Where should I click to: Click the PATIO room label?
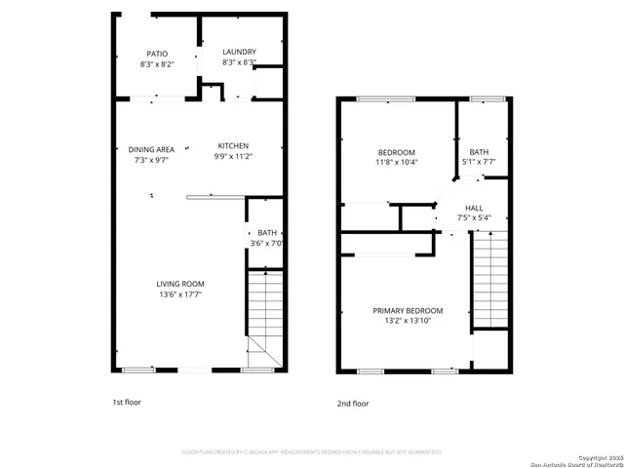pos(157,54)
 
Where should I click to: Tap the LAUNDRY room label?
pos(239,52)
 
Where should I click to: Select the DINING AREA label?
pos(152,148)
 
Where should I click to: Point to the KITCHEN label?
pos(233,146)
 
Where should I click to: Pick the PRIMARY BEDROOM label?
pos(408,310)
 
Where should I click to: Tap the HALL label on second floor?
pos(474,208)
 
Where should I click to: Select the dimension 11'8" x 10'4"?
pos(397,163)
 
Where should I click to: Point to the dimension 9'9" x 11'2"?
pos(233,157)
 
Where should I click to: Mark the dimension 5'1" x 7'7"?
pos(479,163)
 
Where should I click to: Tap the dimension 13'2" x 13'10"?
pos(408,321)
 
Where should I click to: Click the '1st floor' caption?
pos(127,401)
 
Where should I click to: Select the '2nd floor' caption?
pos(353,402)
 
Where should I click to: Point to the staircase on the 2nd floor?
pos(490,278)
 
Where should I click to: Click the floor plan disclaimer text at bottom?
pos(311,451)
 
